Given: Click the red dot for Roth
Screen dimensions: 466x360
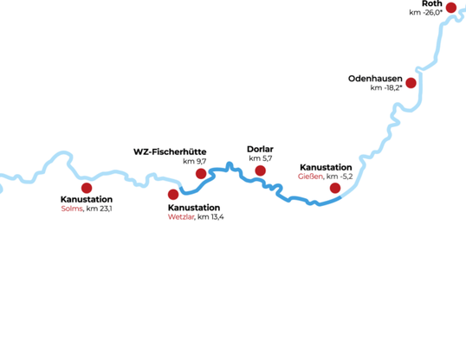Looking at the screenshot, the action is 451,8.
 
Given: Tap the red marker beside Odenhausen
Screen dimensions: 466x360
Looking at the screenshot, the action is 411,83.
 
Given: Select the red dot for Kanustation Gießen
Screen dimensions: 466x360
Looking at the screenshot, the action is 335,188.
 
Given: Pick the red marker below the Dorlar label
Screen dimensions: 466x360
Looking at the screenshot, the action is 261,170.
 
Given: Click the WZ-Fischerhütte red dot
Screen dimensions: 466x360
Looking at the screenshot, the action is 201,173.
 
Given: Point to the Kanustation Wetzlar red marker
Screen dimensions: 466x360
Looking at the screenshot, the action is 173,195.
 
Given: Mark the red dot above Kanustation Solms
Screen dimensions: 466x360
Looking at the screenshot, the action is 87,188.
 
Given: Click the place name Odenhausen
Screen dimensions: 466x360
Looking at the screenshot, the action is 375,79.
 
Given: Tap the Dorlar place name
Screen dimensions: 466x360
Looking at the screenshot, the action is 260,149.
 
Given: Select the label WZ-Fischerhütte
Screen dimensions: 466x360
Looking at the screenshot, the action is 170,151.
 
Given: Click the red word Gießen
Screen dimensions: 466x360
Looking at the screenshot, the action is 310,177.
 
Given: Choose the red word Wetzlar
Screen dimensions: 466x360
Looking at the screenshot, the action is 181,217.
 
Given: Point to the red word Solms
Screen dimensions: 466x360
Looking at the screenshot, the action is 72,209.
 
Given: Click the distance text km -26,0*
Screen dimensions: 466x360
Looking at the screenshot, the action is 426,12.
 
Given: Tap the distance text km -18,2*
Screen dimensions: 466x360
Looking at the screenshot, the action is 386,87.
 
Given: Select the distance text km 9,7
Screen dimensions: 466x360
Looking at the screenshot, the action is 195,161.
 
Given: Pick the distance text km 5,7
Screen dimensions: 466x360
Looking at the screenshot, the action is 261,158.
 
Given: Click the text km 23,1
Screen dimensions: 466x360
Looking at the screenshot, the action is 100,209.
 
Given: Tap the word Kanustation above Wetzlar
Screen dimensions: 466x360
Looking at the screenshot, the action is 194,208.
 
